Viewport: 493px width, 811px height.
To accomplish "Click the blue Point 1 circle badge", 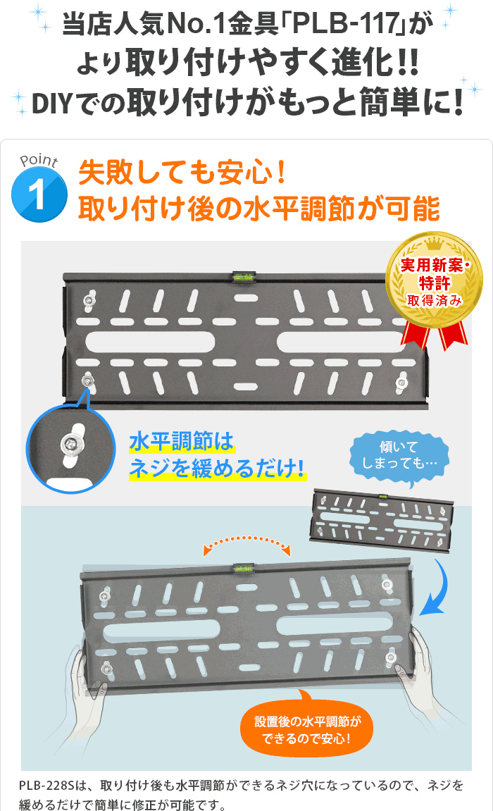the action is [x=39, y=194].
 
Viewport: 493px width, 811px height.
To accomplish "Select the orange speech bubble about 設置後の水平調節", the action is [x=306, y=727].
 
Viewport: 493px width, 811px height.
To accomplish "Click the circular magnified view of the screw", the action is [x=71, y=448].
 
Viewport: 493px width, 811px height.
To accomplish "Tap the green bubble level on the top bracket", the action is [x=244, y=277].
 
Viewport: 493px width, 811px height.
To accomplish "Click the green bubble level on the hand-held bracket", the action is [x=244, y=569].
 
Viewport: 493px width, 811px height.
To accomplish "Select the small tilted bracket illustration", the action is [x=382, y=520].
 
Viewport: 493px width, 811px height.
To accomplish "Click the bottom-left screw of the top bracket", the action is [x=88, y=381].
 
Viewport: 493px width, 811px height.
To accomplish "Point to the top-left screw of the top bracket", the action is [x=89, y=300].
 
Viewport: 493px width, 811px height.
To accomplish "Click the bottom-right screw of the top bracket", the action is [x=401, y=383].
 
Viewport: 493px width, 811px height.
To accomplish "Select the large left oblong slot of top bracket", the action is [x=150, y=342].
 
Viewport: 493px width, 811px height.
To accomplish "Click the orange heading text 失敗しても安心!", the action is [x=182, y=172].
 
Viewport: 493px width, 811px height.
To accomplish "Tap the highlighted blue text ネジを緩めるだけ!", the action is [x=217, y=468].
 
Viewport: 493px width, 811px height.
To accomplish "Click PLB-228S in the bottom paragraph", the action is [x=47, y=785].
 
